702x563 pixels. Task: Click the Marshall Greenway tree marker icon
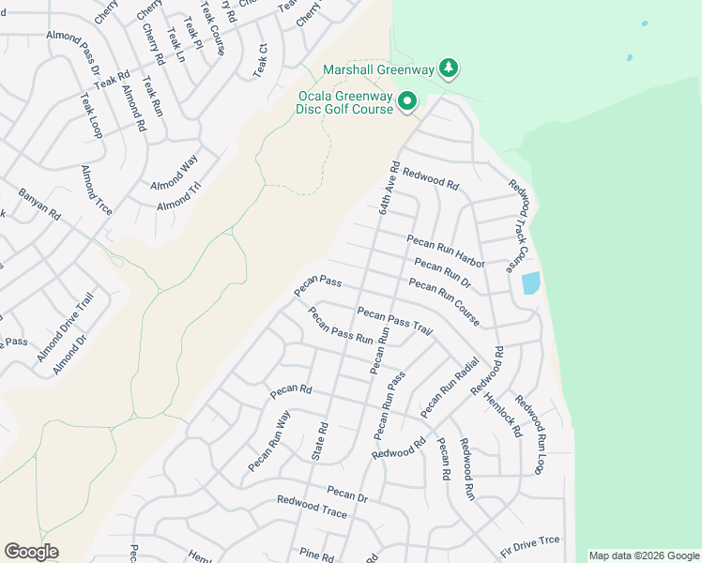450,68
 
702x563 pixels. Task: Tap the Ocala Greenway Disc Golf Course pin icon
407,101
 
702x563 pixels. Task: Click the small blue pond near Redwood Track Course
530,282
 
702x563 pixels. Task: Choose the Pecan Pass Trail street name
395,321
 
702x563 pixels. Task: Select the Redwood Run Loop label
529,438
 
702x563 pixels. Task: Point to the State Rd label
320,441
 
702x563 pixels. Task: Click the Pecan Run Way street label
269,442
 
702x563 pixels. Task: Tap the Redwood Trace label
312,508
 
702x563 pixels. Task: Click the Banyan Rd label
39,205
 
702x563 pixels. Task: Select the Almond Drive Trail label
67,327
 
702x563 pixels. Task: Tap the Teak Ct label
260,60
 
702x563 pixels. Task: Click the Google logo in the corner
31,552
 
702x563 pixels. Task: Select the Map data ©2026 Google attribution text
643,555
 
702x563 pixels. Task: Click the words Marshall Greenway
380,68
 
